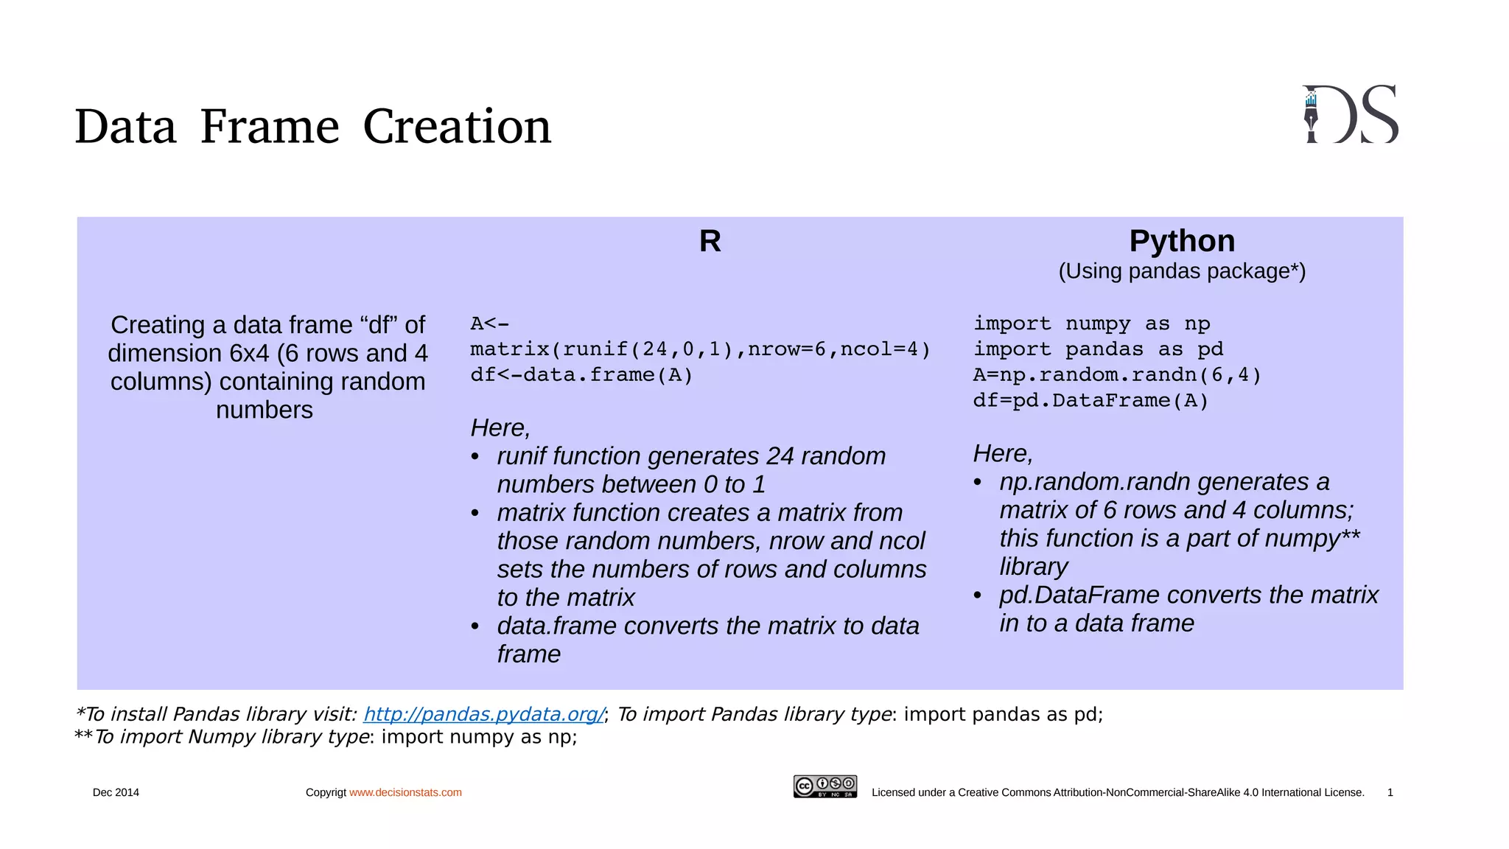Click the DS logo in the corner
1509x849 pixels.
click(x=1351, y=115)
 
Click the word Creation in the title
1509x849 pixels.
click(x=457, y=127)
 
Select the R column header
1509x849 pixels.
click(x=710, y=242)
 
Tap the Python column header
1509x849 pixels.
click(x=1182, y=242)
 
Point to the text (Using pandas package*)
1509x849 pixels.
click(x=1182, y=271)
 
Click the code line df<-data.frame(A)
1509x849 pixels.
click(x=581, y=375)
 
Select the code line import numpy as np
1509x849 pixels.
click(x=1091, y=324)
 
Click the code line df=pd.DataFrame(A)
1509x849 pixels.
click(x=1090, y=401)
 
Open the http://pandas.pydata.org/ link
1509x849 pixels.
click(x=484, y=714)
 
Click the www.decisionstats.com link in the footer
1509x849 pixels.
click(x=405, y=793)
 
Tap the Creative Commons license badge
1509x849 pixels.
click(x=825, y=786)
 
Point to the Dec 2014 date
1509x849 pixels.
click(x=116, y=793)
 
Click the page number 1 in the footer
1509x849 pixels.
click(x=1390, y=793)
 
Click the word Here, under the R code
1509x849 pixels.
click(x=500, y=428)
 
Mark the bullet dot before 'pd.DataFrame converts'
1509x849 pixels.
click(x=978, y=595)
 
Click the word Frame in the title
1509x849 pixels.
click(x=270, y=127)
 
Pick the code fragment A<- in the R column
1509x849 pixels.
click(x=489, y=324)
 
